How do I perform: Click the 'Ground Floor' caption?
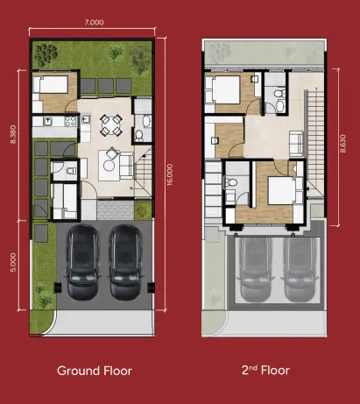tap(95, 371)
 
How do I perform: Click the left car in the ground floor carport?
tap(81, 260)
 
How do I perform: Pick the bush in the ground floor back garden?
tap(114, 53)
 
